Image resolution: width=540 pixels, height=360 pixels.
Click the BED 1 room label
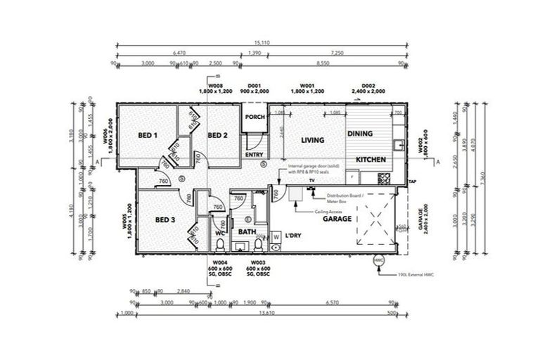[x=147, y=135]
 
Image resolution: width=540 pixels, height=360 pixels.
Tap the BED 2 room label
[x=217, y=135]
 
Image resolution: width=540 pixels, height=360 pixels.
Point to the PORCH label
[x=255, y=118]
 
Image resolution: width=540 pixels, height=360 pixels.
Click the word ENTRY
[x=253, y=154]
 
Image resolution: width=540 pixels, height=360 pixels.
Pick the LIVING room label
[x=312, y=140]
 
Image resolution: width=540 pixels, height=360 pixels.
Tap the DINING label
[x=359, y=133]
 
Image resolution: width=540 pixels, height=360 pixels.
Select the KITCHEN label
[x=371, y=160]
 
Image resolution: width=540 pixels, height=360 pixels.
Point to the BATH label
[x=247, y=231]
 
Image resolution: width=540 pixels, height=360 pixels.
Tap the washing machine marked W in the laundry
[x=276, y=237]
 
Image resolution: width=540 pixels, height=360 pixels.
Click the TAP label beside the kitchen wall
[x=413, y=181]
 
